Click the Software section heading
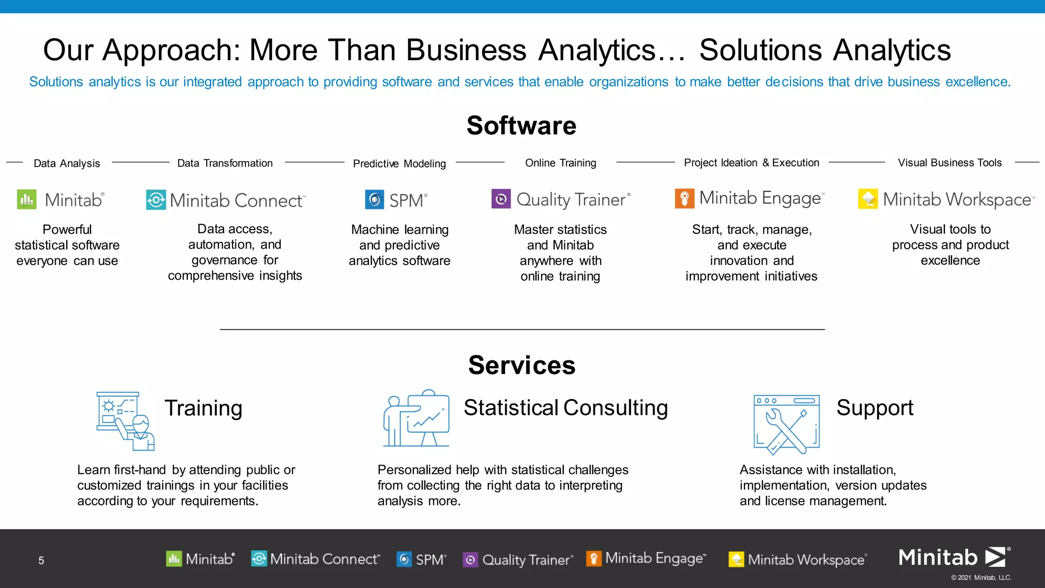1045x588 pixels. pos(521,126)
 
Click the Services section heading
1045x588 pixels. pos(521,365)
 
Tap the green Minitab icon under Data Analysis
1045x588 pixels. pos(27,200)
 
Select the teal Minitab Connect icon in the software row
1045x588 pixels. pos(156,200)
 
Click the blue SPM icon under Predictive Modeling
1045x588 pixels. pos(375,200)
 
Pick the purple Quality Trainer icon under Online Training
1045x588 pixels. pos(501,199)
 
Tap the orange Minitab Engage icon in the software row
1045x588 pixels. pos(685,198)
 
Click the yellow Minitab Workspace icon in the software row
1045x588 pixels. pos(868,199)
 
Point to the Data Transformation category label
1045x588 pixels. pos(225,163)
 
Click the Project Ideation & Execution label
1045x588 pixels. pos(751,163)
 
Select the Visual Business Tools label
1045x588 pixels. pos(950,163)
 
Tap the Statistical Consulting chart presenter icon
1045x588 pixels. pos(416,419)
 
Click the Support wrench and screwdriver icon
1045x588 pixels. pos(786,424)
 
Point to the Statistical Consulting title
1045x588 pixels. pos(565,408)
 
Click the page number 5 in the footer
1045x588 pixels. pos(41,560)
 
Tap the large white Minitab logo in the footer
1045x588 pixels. pos(953,557)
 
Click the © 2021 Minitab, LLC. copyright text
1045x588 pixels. pos(981,578)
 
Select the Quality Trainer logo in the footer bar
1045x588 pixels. pos(518,560)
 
